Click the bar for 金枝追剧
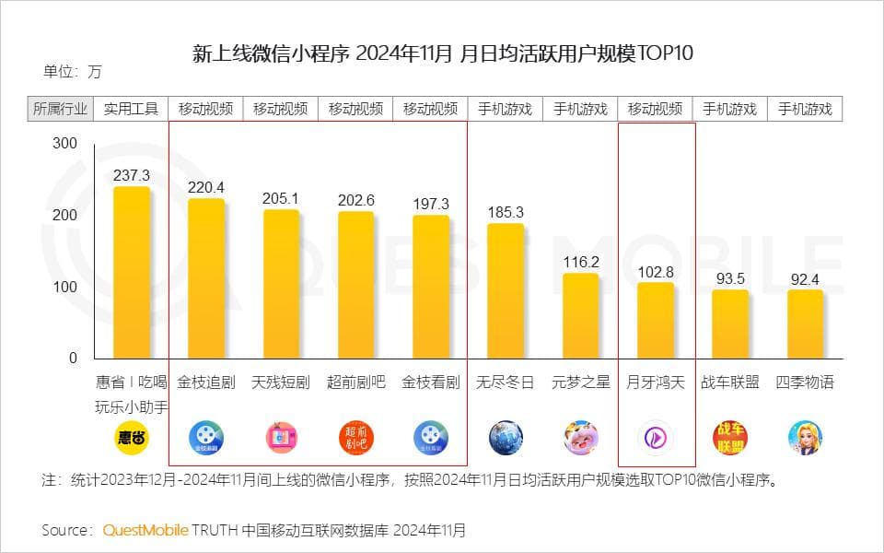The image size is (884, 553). (x=206, y=278)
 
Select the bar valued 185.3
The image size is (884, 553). (x=506, y=290)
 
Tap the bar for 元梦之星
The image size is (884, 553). (x=581, y=315)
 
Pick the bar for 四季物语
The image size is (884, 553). (x=805, y=324)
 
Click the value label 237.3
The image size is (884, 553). (x=132, y=175)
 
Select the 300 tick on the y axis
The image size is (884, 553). (x=65, y=144)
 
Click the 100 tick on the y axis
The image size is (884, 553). (x=65, y=287)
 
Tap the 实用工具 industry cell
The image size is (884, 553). (x=131, y=109)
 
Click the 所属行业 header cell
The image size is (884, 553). (x=60, y=109)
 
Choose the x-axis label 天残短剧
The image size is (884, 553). (x=281, y=382)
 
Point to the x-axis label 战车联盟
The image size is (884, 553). (x=730, y=382)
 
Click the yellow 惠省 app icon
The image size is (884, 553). (x=131, y=437)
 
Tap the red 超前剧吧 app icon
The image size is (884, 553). (x=355, y=437)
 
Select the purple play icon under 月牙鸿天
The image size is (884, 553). (x=656, y=437)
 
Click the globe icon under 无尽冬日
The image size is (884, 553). (x=506, y=437)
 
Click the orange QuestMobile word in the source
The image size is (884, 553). (x=145, y=530)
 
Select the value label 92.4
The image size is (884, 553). (x=805, y=278)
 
